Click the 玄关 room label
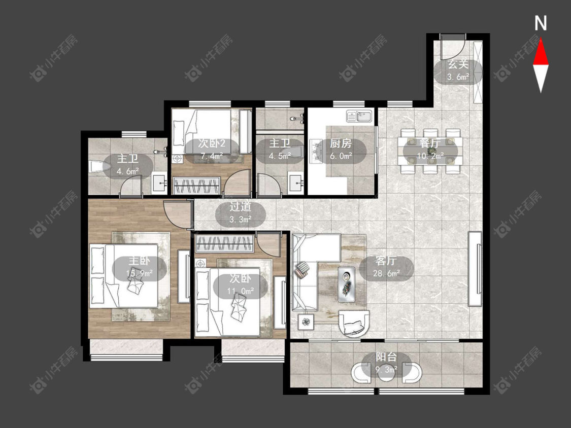coord(458,65)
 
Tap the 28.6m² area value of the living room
coord(386,273)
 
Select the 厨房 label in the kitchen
coord(341,144)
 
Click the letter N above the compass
coord(541,23)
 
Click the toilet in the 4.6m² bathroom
coord(95,167)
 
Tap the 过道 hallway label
coord(241,207)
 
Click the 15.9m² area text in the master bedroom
coord(139,273)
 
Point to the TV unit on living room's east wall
coord(475,269)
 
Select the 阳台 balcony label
coord(386,357)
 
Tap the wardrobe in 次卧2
coord(196,186)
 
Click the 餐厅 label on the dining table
coord(430,143)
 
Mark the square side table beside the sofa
coord(307,322)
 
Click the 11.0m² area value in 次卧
coord(241,291)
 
